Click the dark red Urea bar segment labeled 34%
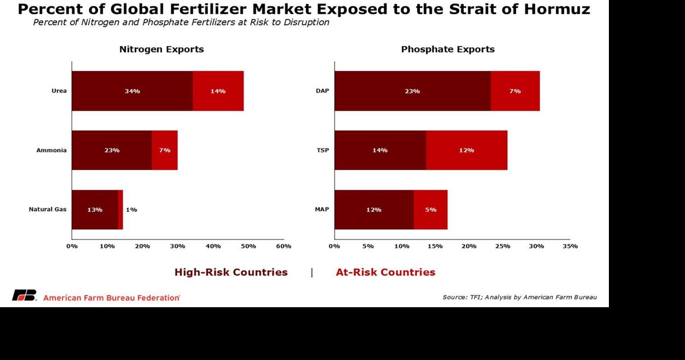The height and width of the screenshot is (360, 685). pos(132,91)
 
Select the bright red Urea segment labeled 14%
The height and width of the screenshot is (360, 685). pos(218,91)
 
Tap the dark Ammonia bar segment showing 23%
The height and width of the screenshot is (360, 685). pos(112,150)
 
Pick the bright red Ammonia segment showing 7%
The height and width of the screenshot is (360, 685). pos(165,150)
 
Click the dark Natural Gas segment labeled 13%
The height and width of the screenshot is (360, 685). pos(95,210)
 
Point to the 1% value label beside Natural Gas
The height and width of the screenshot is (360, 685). pos(131,210)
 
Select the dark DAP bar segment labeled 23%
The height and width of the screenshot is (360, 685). pos(412,91)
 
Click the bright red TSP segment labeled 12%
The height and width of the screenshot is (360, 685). pos(466,150)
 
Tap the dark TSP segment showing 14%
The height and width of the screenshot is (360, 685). pos(380,150)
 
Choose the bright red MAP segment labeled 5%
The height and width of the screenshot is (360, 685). pos(431,210)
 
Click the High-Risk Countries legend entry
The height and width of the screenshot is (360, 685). pos(231,272)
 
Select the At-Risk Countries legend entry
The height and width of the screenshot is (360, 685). pos(386,272)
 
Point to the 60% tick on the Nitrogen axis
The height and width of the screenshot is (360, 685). pos(284,246)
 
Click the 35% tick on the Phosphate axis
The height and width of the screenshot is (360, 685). pos(570,246)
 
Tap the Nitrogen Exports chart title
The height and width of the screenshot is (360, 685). pos(161,49)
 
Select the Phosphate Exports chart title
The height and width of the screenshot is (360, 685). pos(448,49)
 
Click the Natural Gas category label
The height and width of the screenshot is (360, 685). pos(47,210)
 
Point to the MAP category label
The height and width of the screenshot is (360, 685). pos(322,210)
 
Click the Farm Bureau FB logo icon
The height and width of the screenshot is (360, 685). pos(24,296)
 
